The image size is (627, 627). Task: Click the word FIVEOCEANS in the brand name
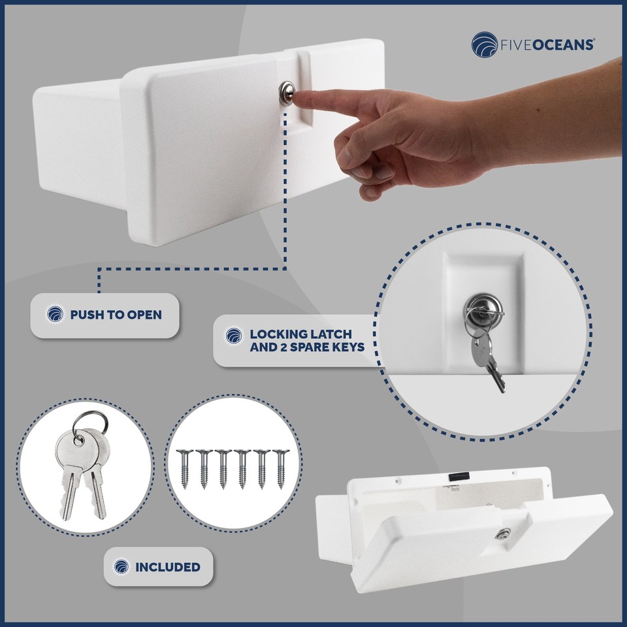(547, 44)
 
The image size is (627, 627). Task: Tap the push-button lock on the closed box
(285, 91)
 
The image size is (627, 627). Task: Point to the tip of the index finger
(298, 99)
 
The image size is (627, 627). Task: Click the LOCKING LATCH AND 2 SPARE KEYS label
(306, 340)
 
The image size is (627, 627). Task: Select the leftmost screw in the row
(184, 470)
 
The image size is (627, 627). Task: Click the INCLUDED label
(167, 566)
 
